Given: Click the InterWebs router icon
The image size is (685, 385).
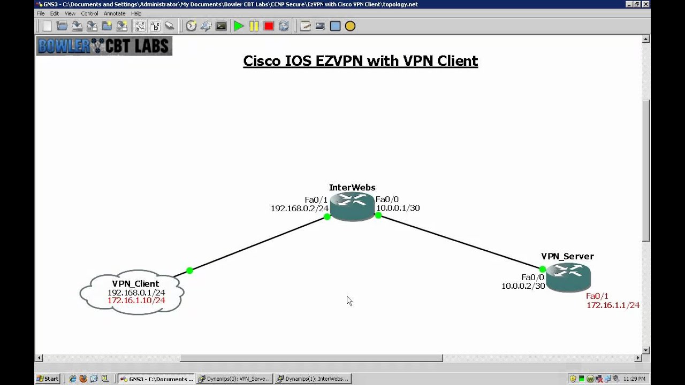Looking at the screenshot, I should coord(352,206).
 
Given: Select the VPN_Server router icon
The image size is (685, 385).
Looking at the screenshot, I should coord(568,277).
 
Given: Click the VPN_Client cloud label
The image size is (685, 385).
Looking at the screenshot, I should coord(135,284).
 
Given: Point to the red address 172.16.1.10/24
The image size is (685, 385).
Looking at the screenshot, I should coord(136,301).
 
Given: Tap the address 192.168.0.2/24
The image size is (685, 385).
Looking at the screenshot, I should coord(299,209).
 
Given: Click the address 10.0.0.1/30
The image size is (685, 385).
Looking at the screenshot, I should coord(398,208).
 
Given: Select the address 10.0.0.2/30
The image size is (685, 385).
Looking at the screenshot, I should coord(523,286).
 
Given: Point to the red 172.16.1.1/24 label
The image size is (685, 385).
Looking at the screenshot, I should coord(613,305).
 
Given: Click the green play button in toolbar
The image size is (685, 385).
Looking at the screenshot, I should coord(239,26).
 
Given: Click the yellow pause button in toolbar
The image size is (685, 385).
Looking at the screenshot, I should coord(254,26).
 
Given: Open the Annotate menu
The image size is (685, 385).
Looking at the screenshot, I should coord(115,13).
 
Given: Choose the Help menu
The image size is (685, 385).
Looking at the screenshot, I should coord(136,13).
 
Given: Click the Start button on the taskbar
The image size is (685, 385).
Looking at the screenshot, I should coord(48,379).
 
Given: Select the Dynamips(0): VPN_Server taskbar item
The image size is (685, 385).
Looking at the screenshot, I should coord(234,379).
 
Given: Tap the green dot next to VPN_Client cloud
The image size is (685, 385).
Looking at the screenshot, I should coord(189,271).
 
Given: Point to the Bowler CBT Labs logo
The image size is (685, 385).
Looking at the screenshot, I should coord(104,47).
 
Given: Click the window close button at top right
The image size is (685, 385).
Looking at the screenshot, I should coord(645,4).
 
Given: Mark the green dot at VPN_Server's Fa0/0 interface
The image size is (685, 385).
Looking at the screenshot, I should coord(543,269).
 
